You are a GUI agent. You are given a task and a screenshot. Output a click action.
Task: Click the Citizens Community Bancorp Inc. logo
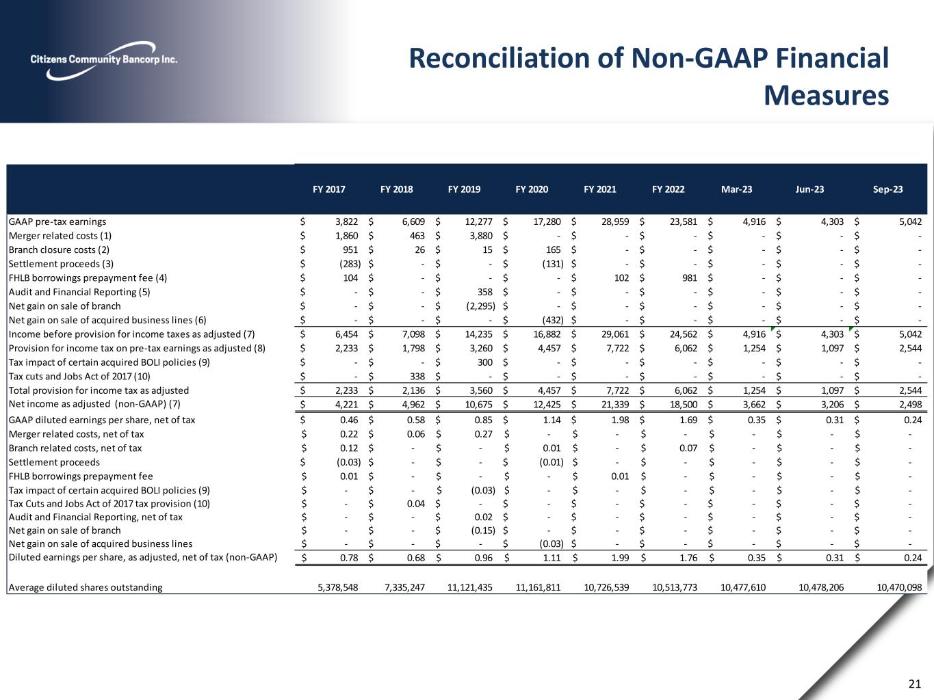click(x=103, y=57)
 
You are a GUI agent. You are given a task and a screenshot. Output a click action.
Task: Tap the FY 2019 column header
click(x=464, y=189)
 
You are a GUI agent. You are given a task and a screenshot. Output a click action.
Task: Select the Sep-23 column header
click(x=887, y=189)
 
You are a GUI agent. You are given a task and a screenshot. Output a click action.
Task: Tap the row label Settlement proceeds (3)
click(x=62, y=264)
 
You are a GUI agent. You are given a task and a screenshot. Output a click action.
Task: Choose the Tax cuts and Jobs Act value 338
click(x=416, y=376)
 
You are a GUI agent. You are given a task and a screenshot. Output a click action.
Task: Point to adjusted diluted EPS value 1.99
click(x=619, y=558)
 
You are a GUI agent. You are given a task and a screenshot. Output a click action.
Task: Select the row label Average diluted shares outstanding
click(x=86, y=587)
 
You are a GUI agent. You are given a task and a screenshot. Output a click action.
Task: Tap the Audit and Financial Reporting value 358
click(x=484, y=292)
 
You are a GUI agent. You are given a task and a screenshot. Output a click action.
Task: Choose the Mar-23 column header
click(x=736, y=189)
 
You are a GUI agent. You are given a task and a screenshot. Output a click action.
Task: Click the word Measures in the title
click(x=826, y=96)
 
